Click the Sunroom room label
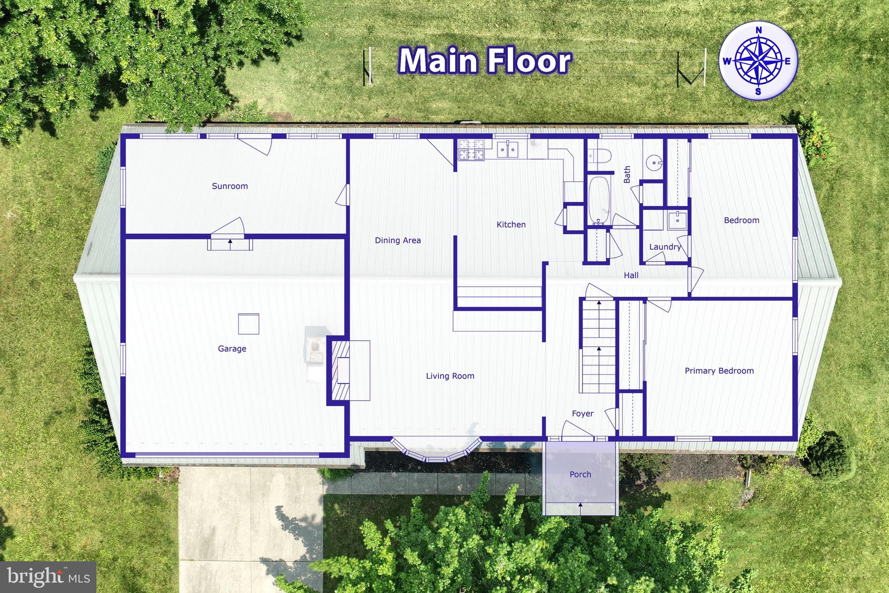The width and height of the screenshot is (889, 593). [230, 186]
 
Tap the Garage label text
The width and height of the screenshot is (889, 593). [232, 349]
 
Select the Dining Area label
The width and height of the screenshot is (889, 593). [398, 241]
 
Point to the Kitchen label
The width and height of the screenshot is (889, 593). [511, 225]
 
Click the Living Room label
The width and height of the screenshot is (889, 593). [450, 376]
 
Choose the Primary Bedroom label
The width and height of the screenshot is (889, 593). [719, 371]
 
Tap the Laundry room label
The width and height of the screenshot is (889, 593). [665, 247]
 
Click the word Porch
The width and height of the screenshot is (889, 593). [580, 474]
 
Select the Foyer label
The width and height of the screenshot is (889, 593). [583, 414]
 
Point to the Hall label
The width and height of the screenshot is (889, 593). [631, 275]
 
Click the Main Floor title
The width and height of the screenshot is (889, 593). [484, 61]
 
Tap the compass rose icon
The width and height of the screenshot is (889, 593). [758, 61]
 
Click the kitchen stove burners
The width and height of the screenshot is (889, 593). [471, 149]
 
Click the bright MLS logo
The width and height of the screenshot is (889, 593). [48, 576]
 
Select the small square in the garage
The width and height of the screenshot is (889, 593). [249, 324]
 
